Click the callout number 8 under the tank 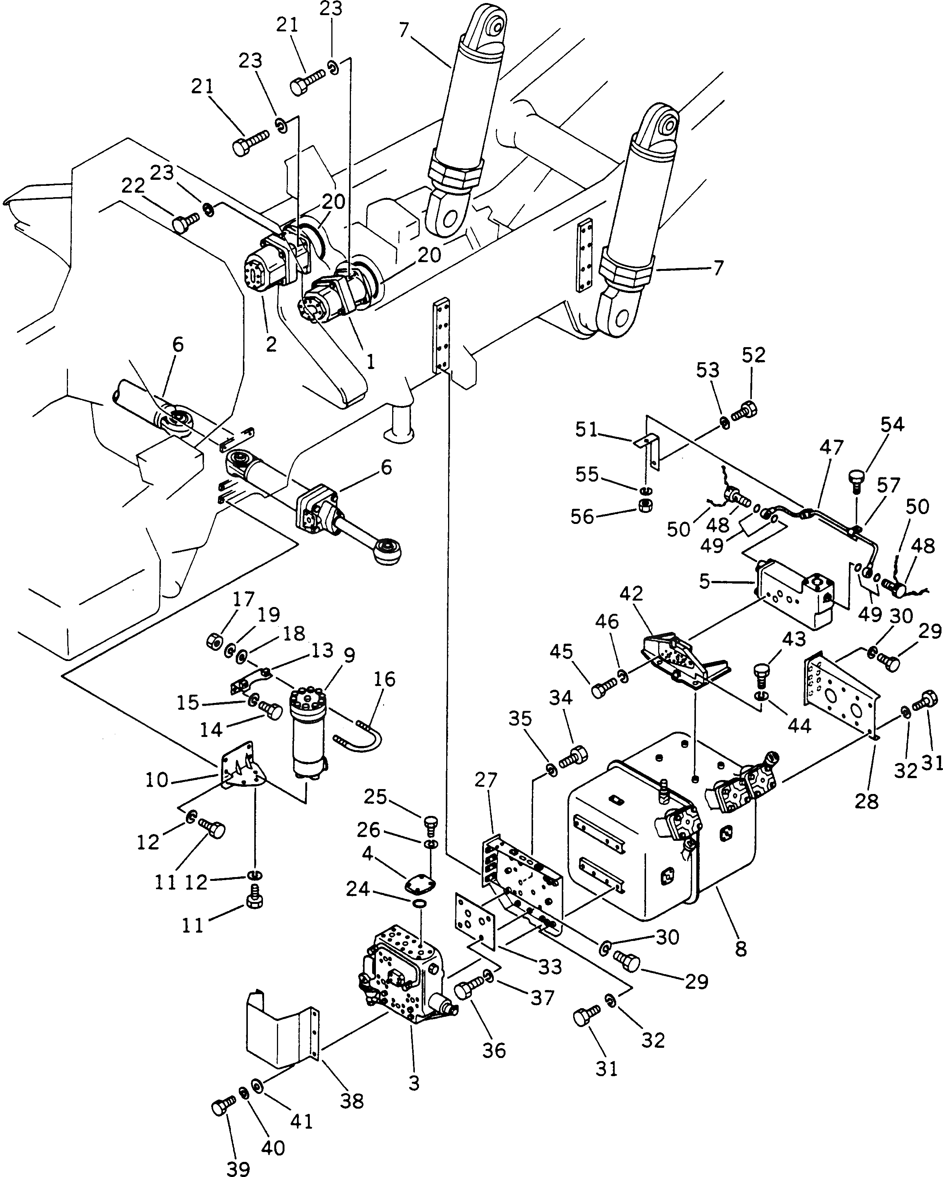(x=740, y=949)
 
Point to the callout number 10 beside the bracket (x=157, y=780)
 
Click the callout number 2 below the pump (x=271, y=344)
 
